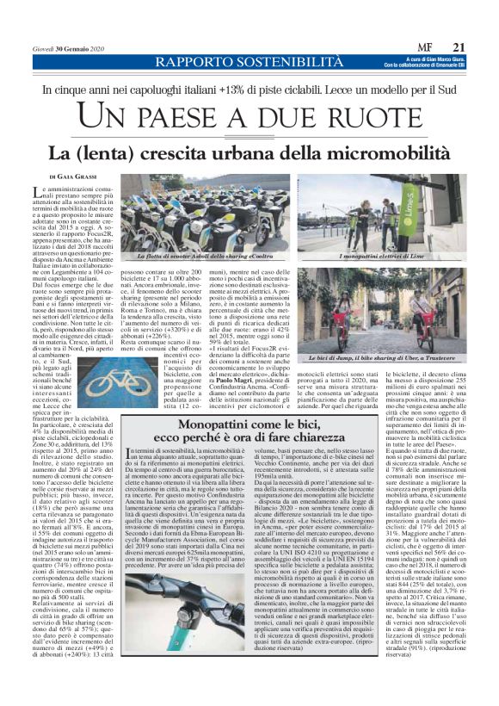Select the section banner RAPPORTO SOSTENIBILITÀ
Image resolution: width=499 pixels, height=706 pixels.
pyautogui.click(x=224, y=63)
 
